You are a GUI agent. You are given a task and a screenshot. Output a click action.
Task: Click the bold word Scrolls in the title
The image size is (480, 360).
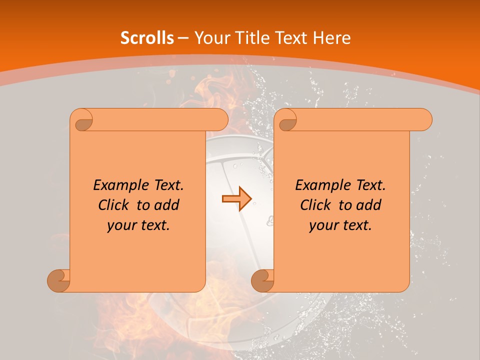(147, 38)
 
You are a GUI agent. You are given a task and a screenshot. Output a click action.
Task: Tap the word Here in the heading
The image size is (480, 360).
(331, 38)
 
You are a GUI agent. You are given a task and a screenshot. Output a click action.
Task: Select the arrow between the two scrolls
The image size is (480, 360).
(236, 199)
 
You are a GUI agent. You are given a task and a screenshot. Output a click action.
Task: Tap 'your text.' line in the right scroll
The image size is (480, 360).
(340, 225)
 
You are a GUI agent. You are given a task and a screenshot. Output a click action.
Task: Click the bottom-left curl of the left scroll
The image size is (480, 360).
(59, 280)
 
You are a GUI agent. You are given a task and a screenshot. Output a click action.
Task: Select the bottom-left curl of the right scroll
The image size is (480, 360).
(262, 280)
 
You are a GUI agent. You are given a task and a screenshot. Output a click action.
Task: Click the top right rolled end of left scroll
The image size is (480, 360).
(220, 120)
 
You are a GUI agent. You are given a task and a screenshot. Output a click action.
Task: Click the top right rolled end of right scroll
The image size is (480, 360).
(424, 120)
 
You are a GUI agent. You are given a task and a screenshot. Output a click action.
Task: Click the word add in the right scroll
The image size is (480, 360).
(369, 205)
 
